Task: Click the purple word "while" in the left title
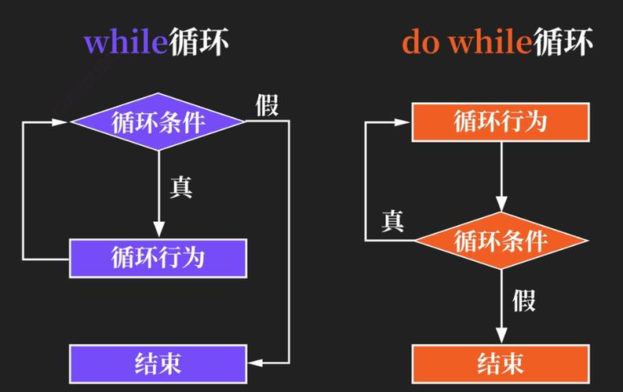(126, 42)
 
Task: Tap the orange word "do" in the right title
(421, 42)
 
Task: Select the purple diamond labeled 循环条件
(158, 122)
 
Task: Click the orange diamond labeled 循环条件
(501, 240)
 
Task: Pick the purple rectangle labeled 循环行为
(158, 258)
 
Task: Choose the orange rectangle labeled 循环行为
(501, 122)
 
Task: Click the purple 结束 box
(158, 364)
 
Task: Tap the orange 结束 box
(501, 364)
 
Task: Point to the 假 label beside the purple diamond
(267, 105)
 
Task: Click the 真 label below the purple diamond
(181, 187)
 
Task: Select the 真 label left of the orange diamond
(392, 221)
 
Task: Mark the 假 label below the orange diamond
(524, 300)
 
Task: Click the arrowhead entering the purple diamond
(60, 122)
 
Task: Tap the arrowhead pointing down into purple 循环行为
(158, 230)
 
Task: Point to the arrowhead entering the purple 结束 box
(256, 363)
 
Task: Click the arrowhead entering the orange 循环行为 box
(402, 122)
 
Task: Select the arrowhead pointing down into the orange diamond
(501, 203)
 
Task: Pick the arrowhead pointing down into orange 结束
(501, 336)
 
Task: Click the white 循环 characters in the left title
(199, 42)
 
